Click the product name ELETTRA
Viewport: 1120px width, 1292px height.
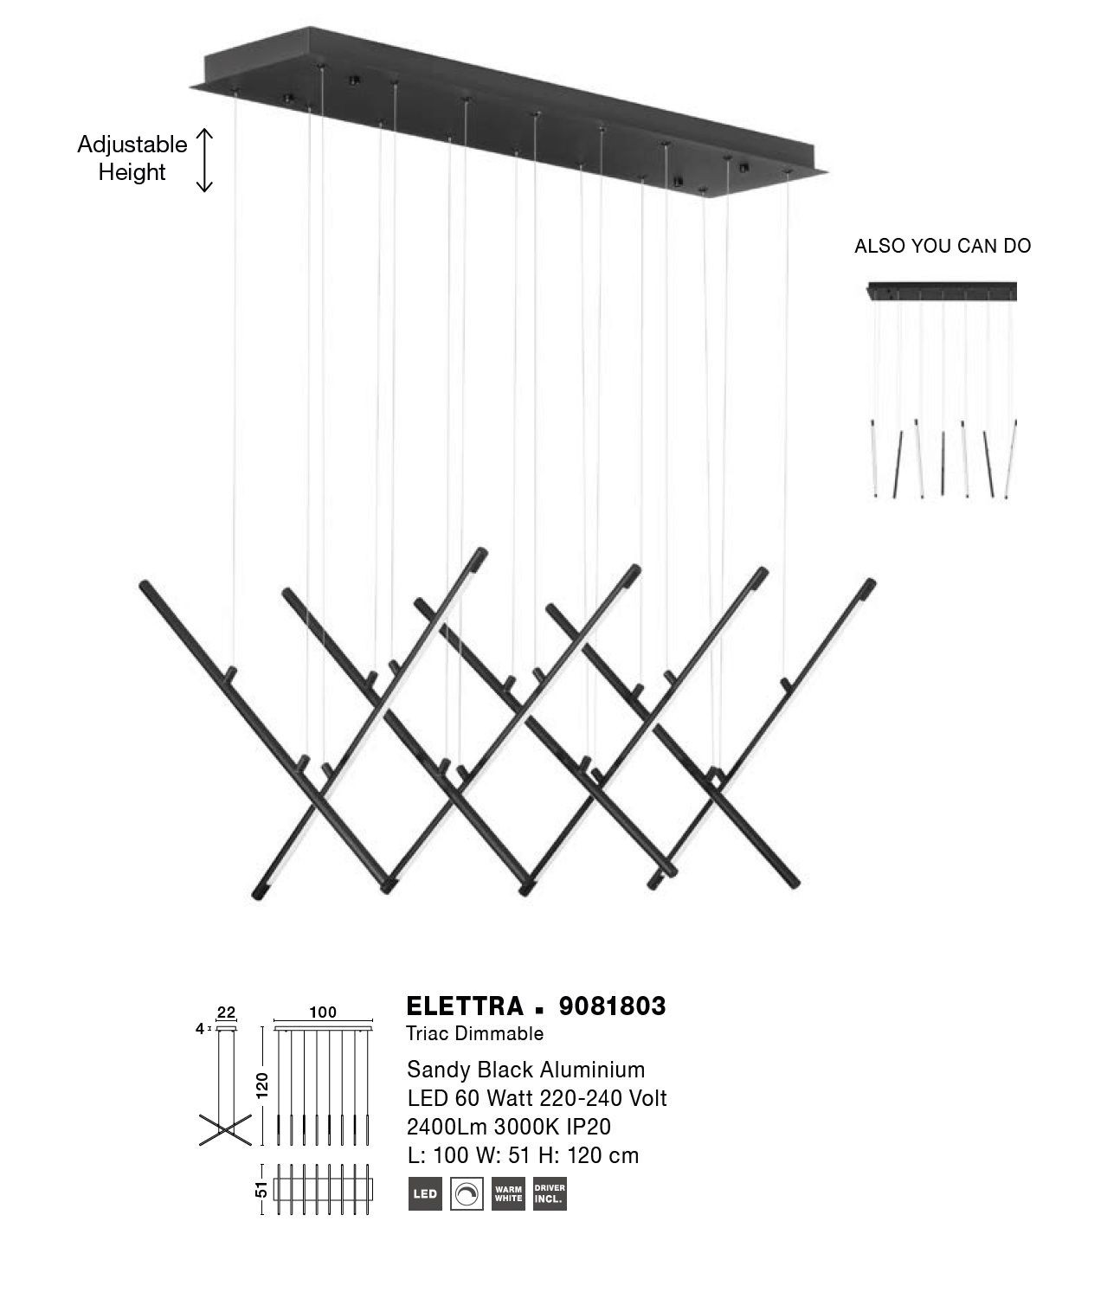pyautogui.click(x=465, y=1006)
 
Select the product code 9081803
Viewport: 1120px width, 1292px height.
pyautogui.click(x=612, y=1006)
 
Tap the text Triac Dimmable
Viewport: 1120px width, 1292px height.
pyautogui.click(x=474, y=1033)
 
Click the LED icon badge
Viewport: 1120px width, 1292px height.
pyautogui.click(x=425, y=1193)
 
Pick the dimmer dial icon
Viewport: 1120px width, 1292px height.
pyautogui.click(x=467, y=1193)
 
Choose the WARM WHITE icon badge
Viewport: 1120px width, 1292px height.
pyautogui.click(x=508, y=1193)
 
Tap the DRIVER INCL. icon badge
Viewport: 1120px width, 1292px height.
pyautogui.click(x=550, y=1193)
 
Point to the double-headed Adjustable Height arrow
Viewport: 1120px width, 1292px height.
pyautogui.click(x=204, y=160)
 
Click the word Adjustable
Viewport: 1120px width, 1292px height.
pyautogui.click(x=132, y=145)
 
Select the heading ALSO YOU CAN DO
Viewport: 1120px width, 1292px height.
pyautogui.click(x=943, y=247)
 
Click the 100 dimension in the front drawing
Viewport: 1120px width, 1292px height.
pyautogui.click(x=323, y=1012)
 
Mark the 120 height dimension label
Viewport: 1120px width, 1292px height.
pyautogui.click(x=262, y=1085)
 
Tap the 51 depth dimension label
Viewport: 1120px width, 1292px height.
pyautogui.click(x=261, y=1189)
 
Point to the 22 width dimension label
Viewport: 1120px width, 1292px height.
pyautogui.click(x=227, y=1012)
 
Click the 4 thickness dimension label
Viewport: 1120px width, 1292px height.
pyautogui.click(x=199, y=1028)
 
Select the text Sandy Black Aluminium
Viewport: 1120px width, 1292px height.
pyautogui.click(x=526, y=1070)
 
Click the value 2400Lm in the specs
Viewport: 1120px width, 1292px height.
pyautogui.click(x=447, y=1127)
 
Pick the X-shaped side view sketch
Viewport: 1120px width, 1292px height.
pyautogui.click(x=225, y=1129)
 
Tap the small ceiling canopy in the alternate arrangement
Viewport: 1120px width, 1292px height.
pyautogui.click(x=942, y=292)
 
